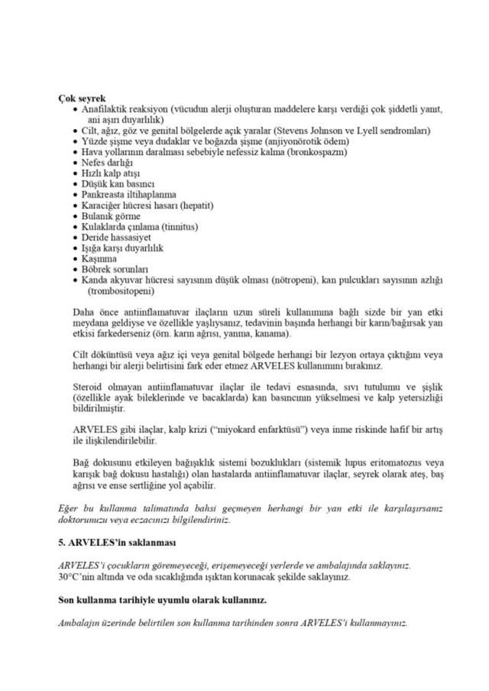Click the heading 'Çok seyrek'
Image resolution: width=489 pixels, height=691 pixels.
pyautogui.click(x=82, y=98)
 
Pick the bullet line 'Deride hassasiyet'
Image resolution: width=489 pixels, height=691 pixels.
pyautogui.click(x=116, y=237)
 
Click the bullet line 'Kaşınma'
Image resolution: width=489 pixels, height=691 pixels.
pyautogui.click(x=100, y=259)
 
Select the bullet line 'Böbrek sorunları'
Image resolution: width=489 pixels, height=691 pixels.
pyautogui.click(x=115, y=270)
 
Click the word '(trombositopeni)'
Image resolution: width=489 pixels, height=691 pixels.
pyautogui.click(x=121, y=291)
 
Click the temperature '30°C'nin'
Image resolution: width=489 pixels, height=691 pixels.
pyautogui.click(x=79, y=576)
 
